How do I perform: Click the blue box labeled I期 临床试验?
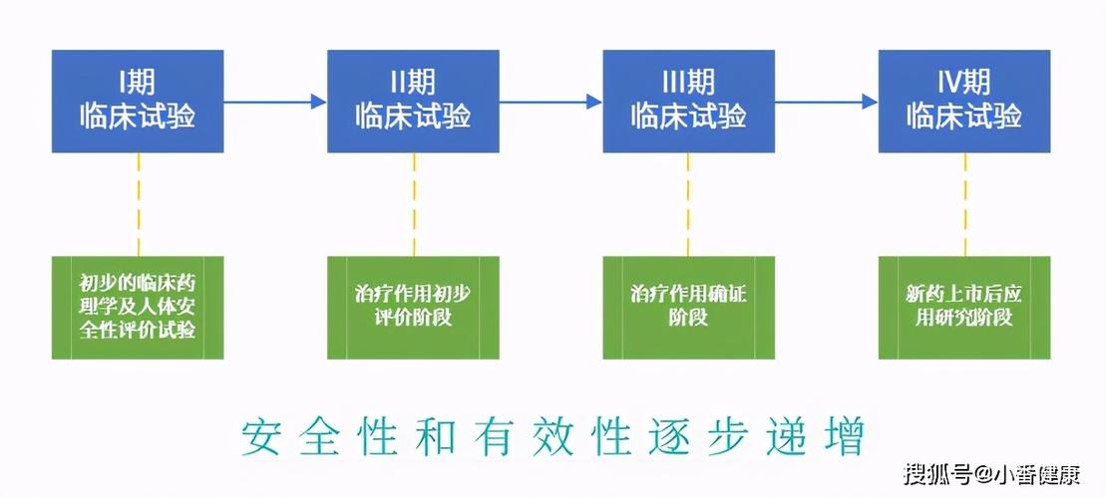138,102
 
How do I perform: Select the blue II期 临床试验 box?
413,102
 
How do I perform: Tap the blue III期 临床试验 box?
688,102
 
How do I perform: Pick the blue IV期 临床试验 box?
963,102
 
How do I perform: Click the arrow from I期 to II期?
274,102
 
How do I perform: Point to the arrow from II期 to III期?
550,102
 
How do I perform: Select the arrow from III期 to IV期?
825,102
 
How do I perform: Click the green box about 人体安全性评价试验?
138,307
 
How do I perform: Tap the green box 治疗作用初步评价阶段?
413,307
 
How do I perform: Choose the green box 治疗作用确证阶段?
688,307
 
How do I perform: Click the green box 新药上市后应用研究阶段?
963,307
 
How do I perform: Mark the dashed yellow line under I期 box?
139,204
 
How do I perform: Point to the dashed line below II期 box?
414,204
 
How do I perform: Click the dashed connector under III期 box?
688,204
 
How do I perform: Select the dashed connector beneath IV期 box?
964,204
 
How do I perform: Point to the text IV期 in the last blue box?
963,82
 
